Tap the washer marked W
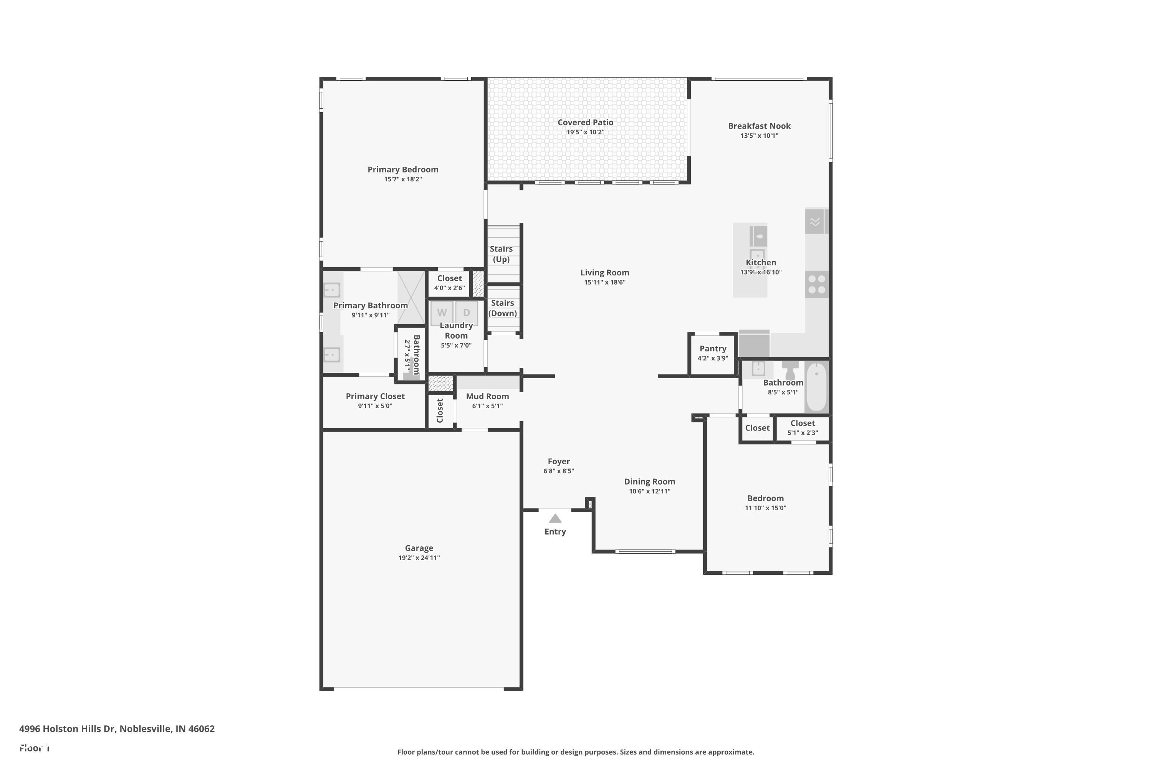[442, 313]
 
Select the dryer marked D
[466, 313]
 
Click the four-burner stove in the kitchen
[816, 285]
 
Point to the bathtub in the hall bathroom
[816, 387]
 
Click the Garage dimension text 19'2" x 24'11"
[419, 558]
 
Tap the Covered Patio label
[585, 122]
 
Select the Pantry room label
[713, 349]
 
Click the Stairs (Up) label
[501, 254]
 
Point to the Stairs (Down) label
[503, 308]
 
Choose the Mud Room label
[487, 396]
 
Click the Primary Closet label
[375, 396]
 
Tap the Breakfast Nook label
[759, 126]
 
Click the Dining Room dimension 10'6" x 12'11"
[649, 491]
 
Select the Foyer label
[558, 462]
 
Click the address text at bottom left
[117, 729]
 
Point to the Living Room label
[604, 273]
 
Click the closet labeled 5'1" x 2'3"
[802, 428]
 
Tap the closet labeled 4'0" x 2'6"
[449, 283]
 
